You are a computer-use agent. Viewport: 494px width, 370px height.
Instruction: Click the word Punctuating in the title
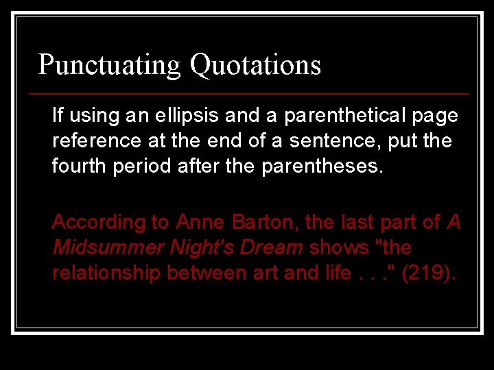(x=109, y=65)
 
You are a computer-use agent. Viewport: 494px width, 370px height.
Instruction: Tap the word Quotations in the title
(x=255, y=65)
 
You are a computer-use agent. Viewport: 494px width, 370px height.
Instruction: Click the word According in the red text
(x=92, y=223)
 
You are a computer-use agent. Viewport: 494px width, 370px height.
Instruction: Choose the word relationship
(x=106, y=273)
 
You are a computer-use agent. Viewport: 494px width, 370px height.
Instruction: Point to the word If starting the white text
(x=57, y=116)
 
